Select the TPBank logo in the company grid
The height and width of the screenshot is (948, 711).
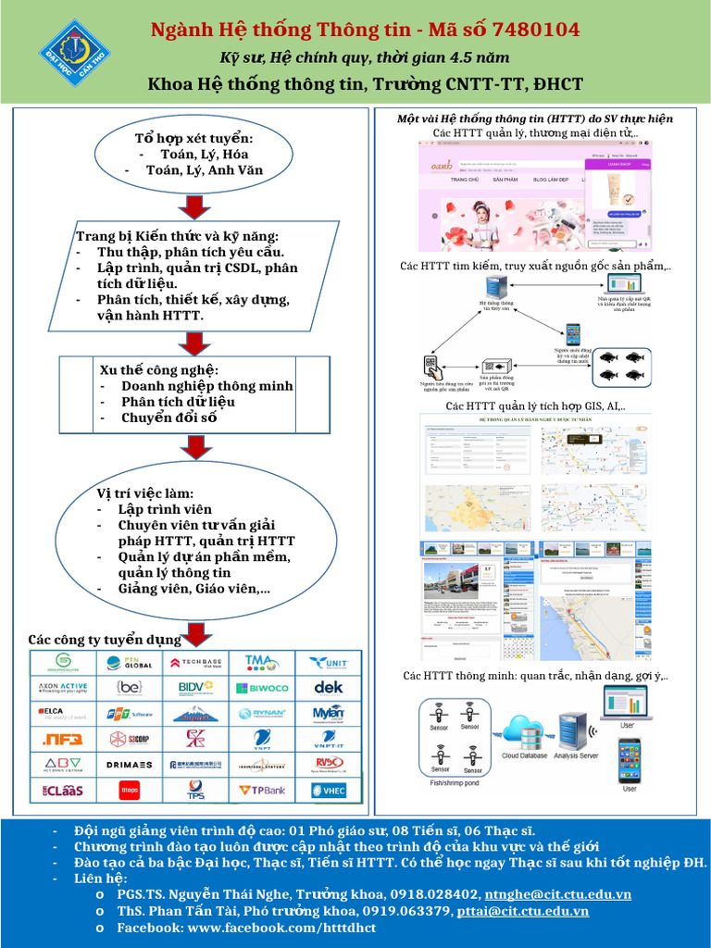pyautogui.click(x=262, y=790)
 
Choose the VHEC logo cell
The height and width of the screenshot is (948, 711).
pyautogui.click(x=329, y=790)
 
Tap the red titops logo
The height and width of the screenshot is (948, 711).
pyautogui.click(x=129, y=790)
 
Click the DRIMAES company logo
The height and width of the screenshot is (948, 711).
pyautogui.click(x=129, y=765)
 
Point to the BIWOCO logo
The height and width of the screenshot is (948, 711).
pyautogui.click(x=262, y=688)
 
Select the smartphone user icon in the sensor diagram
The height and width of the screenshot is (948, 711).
pyautogui.click(x=629, y=760)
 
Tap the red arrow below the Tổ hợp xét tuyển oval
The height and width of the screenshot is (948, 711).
pyautogui.click(x=195, y=207)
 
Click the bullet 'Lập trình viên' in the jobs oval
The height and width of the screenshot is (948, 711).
pyautogui.click(x=165, y=509)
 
